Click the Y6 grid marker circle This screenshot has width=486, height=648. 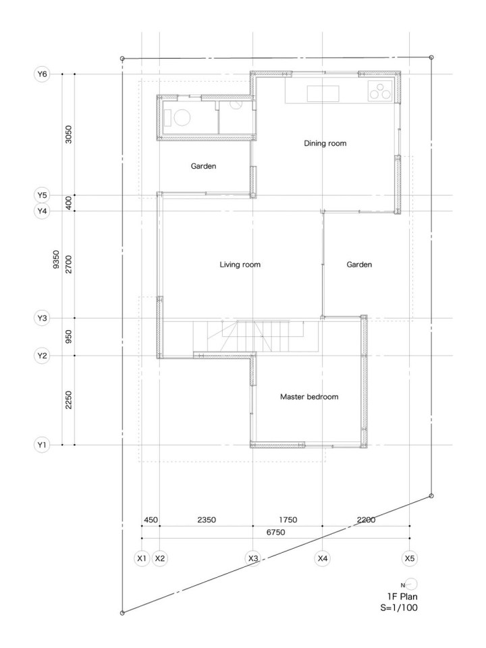click(x=42, y=74)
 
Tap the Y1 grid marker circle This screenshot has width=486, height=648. click(x=42, y=445)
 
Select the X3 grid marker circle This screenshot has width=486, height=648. click(x=253, y=558)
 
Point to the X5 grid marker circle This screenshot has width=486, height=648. click(x=409, y=558)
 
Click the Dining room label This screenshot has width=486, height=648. click(x=325, y=143)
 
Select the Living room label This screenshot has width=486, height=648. click(x=240, y=265)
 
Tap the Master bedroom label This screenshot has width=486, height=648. click(x=308, y=397)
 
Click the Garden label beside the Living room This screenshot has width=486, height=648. click(x=359, y=265)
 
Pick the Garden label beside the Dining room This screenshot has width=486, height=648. click(x=203, y=166)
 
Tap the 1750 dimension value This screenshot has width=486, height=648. click(x=288, y=520)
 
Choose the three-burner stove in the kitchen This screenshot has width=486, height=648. click(x=379, y=91)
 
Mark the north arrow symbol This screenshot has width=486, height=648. click(x=411, y=584)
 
